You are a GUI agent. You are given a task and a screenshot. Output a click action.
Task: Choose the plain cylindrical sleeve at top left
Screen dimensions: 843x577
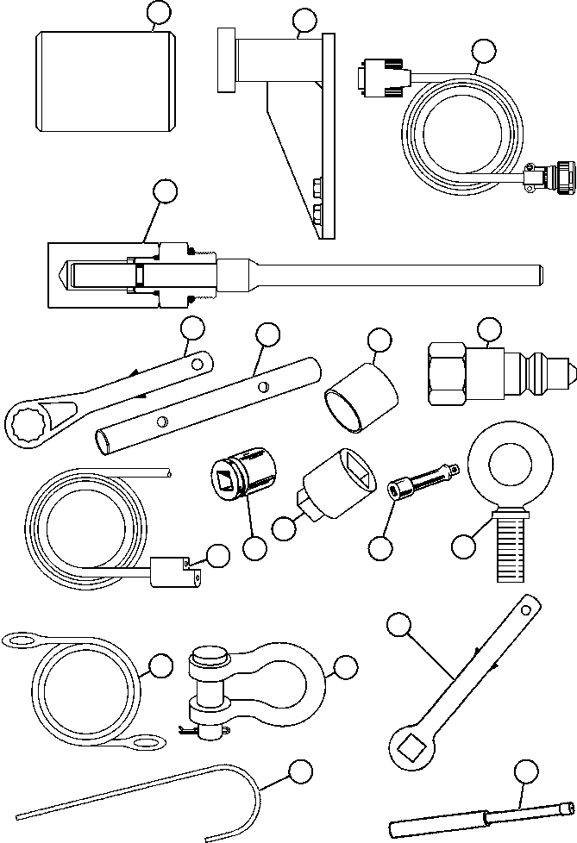(105, 84)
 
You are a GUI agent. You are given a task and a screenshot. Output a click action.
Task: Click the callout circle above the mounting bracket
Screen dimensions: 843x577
(303, 22)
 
